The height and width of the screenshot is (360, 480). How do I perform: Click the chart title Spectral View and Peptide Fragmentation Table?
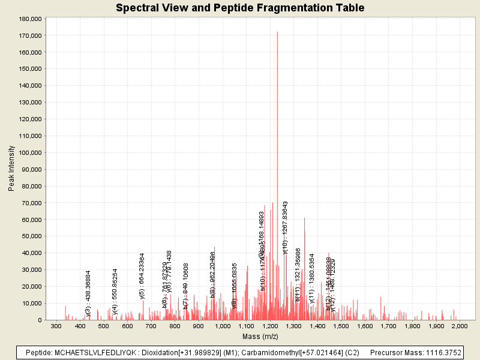240,8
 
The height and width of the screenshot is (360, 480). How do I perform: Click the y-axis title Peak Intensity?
11,169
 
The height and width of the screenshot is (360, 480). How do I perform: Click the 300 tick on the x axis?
56,326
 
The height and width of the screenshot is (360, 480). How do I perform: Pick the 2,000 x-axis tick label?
459,326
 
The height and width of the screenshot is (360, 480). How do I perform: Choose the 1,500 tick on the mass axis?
341,326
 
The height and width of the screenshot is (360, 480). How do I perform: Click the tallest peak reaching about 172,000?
277,34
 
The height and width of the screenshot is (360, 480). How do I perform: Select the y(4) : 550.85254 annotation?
115,292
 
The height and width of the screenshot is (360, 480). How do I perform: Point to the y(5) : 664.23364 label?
142,275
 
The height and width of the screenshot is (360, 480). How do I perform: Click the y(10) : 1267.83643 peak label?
286,227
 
